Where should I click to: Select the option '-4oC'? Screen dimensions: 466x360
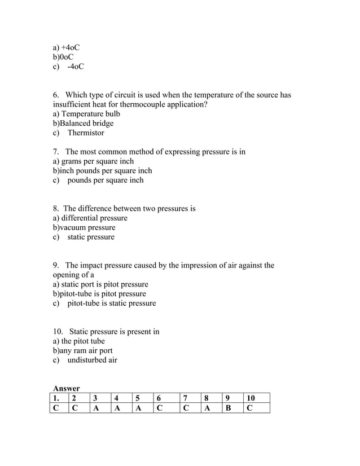pyautogui.click(x=75, y=67)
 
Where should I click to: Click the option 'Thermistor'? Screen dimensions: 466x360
pyautogui.click(x=86, y=133)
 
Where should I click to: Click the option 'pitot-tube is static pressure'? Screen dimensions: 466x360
pyautogui.click(x=112, y=304)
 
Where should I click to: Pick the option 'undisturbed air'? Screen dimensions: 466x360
pyautogui.click(x=93, y=361)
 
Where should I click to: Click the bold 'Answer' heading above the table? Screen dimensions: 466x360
pyautogui.click(x=67, y=389)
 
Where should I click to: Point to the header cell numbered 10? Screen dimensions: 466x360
pyautogui.click(x=256, y=398)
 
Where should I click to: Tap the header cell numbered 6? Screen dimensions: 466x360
pyautogui.click(x=166, y=398)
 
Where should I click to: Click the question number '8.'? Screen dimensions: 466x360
pyautogui.click(x=56, y=209)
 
